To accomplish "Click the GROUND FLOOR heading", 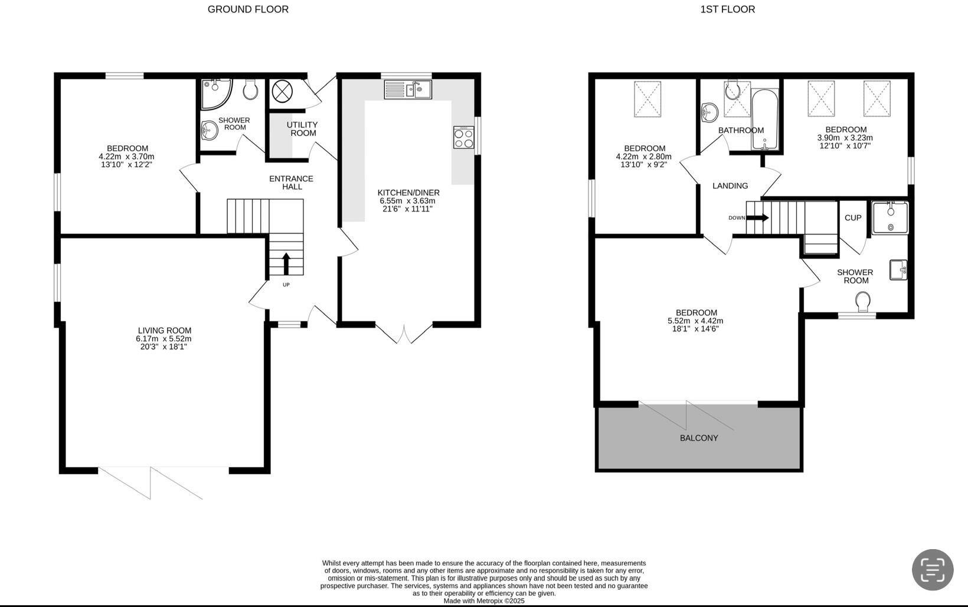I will pyautogui.click(x=248, y=9).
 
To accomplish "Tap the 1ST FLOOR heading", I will pyautogui.click(x=727, y=9).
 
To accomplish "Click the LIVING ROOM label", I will pyautogui.click(x=164, y=331).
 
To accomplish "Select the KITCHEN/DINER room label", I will pyautogui.click(x=408, y=192).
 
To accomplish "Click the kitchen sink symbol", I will pyautogui.click(x=408, y=90).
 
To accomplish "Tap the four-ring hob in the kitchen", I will pyautogui.click(x=463, y=138).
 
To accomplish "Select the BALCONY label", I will pyautogui.click(x=699, y=438).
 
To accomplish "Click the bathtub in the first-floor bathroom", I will pyautogui.click(x=765, y=118).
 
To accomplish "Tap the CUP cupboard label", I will pyautogui.click(x=853, y=218).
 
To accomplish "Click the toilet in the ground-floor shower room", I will pyautogui.click(x=251, y=90).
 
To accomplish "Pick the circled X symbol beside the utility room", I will pyautogui.click(x=282, y=91).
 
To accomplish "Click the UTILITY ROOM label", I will pyautogui.click(x=302, y=129).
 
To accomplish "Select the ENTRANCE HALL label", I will pyautogui.click(x=291, y=182).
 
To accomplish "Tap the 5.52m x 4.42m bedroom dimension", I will pyautogui.click(x=695, y=321).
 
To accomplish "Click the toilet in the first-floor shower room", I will pyautogui.click(x=863, y=302).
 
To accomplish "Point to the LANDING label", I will pyautogui.click(x=730, y=186).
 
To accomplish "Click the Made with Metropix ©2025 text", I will pyautogui.click(x=483, y=601).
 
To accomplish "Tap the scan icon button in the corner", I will pyautogui.click(x=933, y=570).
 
